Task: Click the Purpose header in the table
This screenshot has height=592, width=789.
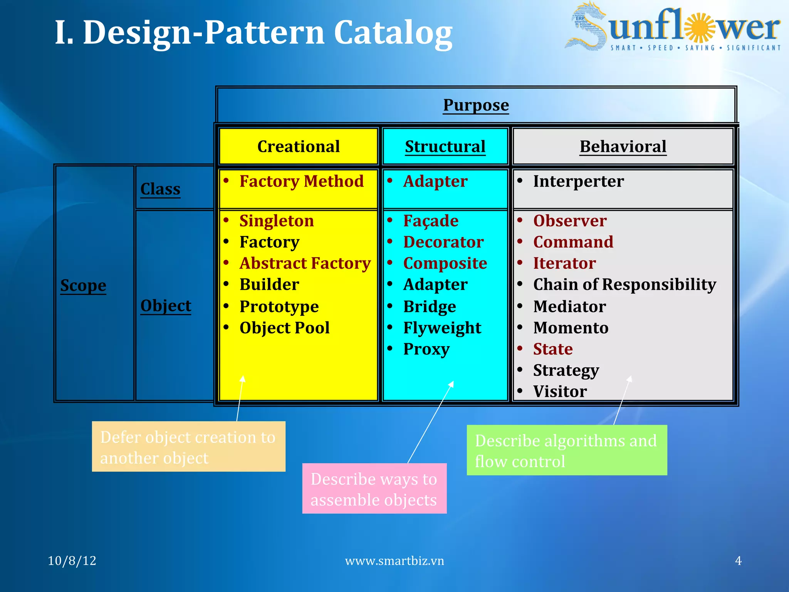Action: [476, 105]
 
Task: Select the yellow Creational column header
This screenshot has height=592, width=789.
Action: [298, 146]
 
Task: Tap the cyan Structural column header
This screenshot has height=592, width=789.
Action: [445, 146]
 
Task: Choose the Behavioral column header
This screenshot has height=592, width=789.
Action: [623, 146]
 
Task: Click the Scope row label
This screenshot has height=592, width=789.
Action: [83, 286]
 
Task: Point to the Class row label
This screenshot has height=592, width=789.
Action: [160, 189]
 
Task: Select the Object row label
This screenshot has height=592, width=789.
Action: [166, 306]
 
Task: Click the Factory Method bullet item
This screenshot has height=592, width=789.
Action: [301, 181]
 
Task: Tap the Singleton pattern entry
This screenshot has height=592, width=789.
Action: [276, 221]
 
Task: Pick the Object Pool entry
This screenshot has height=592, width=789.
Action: [284, 328]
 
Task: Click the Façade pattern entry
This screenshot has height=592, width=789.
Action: [431, 221]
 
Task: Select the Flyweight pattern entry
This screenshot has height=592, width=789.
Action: [442, 328]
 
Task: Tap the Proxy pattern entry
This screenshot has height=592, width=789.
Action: [426, 349]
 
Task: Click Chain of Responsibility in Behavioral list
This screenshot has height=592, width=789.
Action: [624, 284]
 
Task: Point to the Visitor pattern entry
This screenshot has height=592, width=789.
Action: [560, 392]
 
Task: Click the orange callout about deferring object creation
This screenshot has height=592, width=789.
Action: [188, 447]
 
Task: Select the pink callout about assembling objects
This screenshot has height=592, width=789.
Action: [374, 489]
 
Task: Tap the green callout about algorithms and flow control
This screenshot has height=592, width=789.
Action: [566, 450]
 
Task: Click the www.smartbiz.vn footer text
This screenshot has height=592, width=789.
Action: [394, 561]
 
